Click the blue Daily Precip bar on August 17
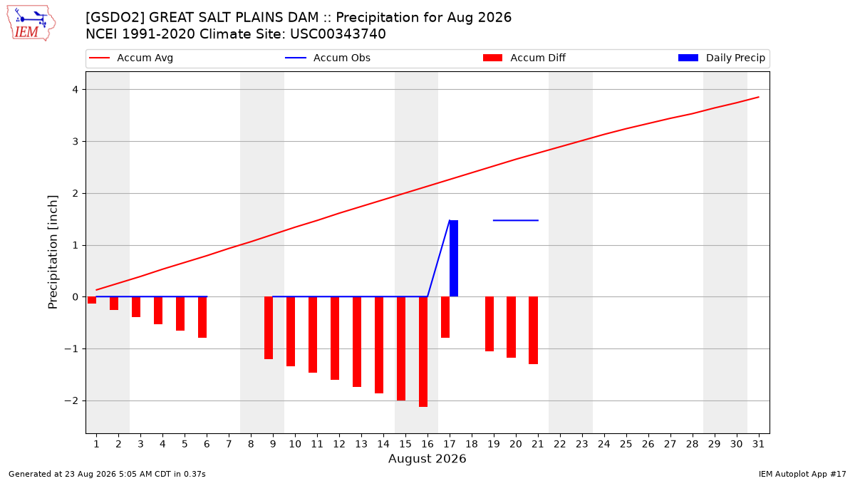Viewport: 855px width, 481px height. (454, 259)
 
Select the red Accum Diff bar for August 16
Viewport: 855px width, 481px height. (423, 351)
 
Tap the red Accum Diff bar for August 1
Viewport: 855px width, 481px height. (92, 300)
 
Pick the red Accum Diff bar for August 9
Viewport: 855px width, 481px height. (269, 328)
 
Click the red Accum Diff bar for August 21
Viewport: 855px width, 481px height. (533, 330)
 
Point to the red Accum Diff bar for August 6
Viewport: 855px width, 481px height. (202, 317)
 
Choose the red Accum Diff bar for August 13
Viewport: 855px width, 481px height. (357, 341)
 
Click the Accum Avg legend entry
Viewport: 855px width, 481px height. (131, 58)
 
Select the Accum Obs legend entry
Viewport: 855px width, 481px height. (328, 58)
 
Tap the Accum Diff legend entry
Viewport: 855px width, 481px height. (524, 58)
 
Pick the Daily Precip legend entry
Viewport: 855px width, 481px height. (721, 58)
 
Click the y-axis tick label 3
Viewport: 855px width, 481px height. (76, 142)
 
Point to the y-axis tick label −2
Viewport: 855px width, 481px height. (71, 400)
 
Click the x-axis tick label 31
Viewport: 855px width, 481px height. (758, 444)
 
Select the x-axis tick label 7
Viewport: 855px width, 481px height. (229, 444)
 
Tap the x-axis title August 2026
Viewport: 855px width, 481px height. (427, 458)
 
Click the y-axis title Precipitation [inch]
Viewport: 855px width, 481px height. (53, 252)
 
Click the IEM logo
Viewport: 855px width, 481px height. (31, 24)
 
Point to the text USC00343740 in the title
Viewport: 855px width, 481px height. (338, 34)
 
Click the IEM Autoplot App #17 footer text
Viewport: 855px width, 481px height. (802, 474)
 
